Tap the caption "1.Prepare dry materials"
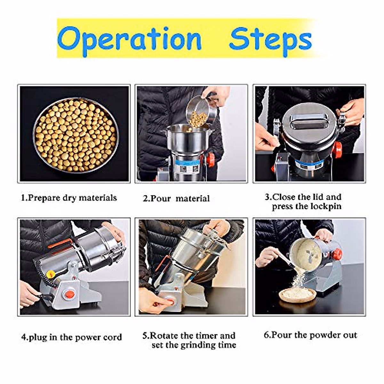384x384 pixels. coord(69,198)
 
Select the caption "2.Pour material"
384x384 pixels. coord(176,198)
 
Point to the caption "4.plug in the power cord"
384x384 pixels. coord(72,338)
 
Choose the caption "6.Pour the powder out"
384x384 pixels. coord(310,335)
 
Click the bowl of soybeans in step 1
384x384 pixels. coord(76,135)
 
